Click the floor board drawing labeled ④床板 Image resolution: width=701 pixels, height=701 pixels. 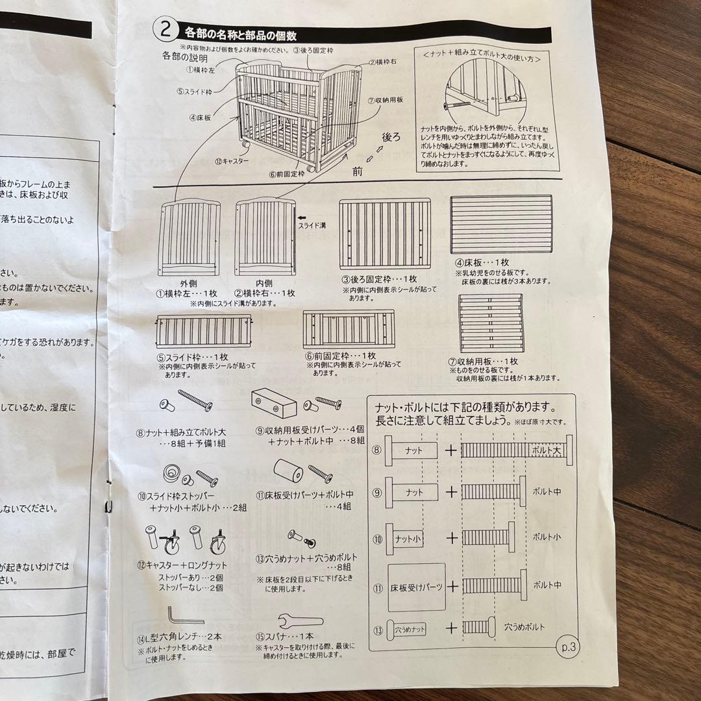click(502, 225)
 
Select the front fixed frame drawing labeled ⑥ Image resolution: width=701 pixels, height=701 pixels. click(349, 328)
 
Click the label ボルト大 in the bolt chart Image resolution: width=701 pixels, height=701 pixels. click(546, 449)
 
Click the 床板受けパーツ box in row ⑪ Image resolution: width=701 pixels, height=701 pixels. click(417, 587)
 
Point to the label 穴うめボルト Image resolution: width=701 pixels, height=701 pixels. click(524, 627)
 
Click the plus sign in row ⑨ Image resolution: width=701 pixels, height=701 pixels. click(451, 491)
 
